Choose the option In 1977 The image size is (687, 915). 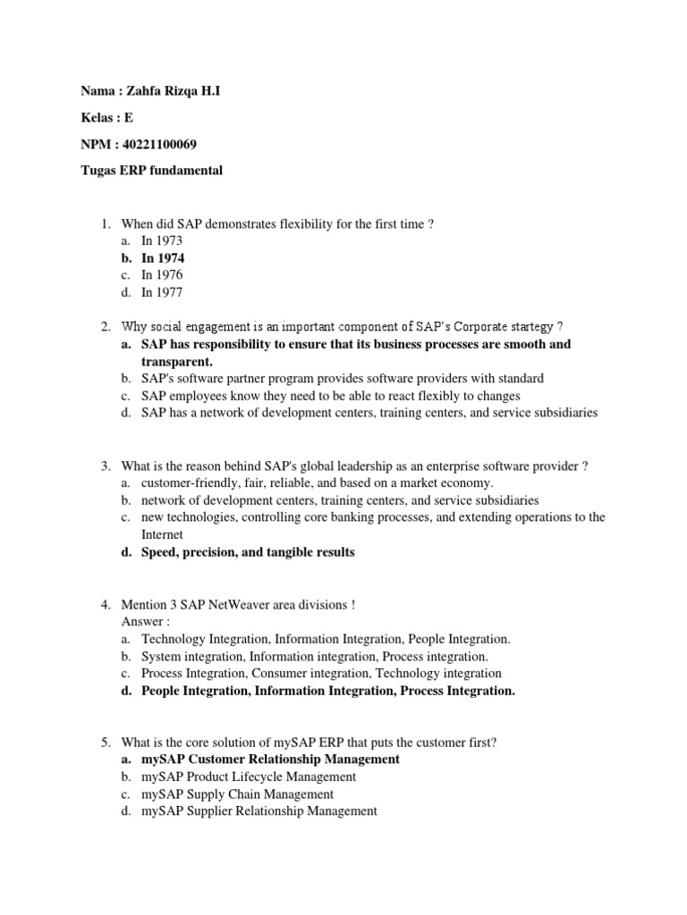click(x=162, y=292)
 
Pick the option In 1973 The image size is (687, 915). click(x=162, y=240)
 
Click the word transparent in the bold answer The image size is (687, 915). click(x=177, y=361)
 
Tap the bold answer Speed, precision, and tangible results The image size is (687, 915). click(x=248, y=552)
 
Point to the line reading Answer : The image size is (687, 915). click(x=146, y=621)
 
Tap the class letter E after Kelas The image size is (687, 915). click(x=129, y=117)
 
